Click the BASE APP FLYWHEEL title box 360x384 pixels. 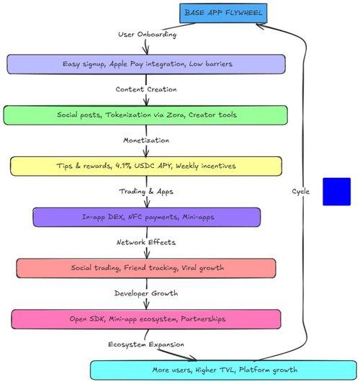point(223,13)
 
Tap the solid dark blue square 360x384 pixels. point(336,192)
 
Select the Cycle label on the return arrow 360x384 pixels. point(300,191)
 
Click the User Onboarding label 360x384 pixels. point(147,35)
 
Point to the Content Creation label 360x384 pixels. point(146,89)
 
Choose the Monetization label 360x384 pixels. point(146,140)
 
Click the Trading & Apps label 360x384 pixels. point(146,191)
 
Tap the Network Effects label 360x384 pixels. point(146,242)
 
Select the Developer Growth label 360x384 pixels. point(146,293)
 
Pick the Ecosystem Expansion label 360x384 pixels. point(146,344)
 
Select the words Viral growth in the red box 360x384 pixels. point(202,268)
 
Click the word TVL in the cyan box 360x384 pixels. point(227,370)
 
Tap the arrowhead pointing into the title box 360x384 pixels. point(260,25)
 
